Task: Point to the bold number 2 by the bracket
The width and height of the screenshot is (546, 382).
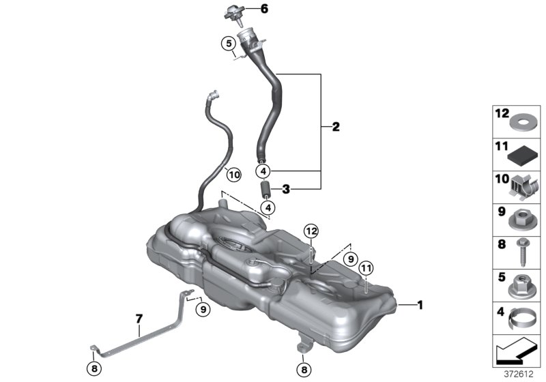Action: click(335, 127)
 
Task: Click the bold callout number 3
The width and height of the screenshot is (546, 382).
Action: click(287, 190)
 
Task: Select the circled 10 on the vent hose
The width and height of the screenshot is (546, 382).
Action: click(233, 175)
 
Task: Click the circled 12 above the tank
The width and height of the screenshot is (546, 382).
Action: click(311, 231)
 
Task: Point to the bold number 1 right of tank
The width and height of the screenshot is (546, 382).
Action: click(420, 306)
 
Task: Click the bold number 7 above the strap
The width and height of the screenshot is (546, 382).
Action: click(139, 319)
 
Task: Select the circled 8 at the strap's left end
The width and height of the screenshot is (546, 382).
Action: click(93, 369)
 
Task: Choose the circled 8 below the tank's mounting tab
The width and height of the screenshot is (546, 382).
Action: click(302, 369)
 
